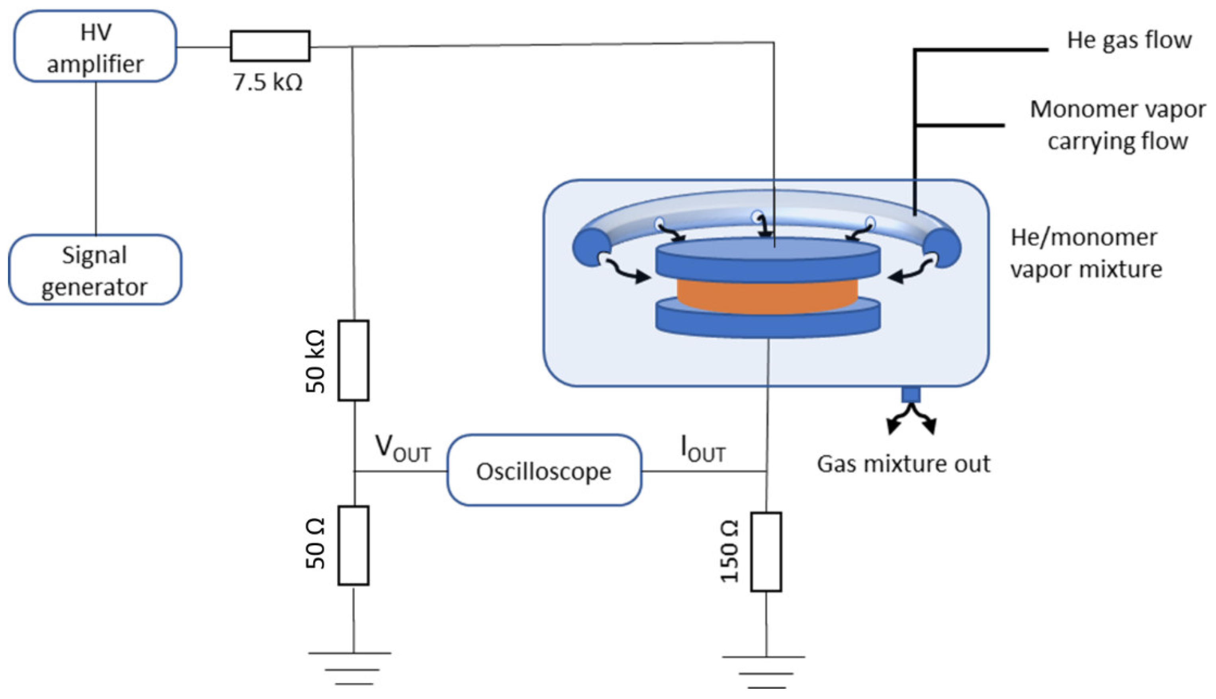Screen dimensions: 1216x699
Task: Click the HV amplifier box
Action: [95, 46]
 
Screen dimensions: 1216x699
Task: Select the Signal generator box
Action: [95, 270]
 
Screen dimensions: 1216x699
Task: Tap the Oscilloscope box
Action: [544, 471]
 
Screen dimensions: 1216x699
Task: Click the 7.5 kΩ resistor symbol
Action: [270, 46]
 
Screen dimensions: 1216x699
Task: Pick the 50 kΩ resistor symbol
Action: [353, 360]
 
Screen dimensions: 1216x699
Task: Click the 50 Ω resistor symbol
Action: [353, 545]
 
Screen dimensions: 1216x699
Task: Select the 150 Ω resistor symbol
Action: [766, 552]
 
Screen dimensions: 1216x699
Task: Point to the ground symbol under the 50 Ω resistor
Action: [350, 668]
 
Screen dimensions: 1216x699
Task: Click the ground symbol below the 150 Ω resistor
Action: [763, 672]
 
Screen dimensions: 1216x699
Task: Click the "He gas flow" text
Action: [1129, 40]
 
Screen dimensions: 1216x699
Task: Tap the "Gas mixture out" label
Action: [903, 464]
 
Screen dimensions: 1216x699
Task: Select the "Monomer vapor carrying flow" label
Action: [1118, 125]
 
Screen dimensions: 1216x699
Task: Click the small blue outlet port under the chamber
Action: [911, 394]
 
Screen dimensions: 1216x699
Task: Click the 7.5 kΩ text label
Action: [268, 82]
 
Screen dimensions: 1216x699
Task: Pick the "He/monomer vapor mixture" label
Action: [1086, 253]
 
